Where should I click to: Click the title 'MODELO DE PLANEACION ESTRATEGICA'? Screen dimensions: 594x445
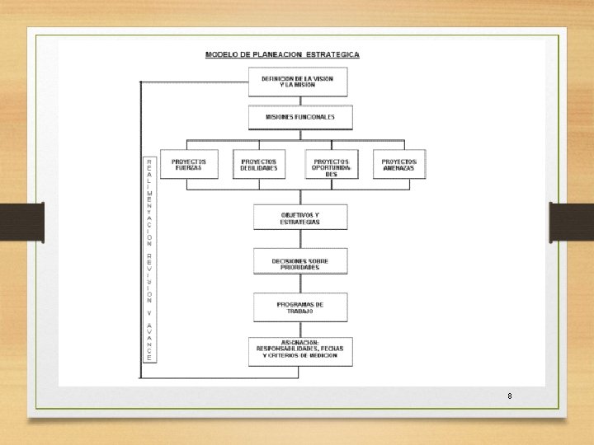(x=282, y=54)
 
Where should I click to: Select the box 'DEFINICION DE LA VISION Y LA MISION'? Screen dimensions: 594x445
(x=298, y=82)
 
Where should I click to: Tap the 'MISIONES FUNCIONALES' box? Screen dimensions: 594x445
(x=300, y=117)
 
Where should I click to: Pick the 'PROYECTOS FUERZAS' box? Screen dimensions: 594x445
(x=189, y=164)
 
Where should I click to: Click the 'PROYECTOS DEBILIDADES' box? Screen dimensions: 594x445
(x=259, y=164)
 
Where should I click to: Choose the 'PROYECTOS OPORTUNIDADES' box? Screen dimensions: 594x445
(x=332, y=166)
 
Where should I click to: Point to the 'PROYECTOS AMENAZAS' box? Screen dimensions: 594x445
(x=400, y=164)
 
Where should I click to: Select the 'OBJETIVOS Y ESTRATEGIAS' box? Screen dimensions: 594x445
(x=300, y=218)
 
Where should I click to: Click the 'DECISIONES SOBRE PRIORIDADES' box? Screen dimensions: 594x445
(x=300, y=263)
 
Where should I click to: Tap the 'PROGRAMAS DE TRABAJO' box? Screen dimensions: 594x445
(x=300, y=307)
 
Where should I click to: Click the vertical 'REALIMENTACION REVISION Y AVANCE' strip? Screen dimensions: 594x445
(x=149, y=260)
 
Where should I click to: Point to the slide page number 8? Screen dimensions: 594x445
(x=510, y=396)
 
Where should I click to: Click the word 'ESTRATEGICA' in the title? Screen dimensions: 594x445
(x=332, y=54)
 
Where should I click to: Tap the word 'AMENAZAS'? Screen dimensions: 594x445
(x=400, y=168)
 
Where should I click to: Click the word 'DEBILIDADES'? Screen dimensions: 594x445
(x=259, y=168)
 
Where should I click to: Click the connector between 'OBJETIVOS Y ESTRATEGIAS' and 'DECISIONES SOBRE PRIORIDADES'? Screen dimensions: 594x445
(x=300, y=239)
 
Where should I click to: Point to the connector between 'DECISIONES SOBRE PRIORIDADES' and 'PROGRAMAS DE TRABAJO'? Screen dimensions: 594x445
(x=300, y=284)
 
